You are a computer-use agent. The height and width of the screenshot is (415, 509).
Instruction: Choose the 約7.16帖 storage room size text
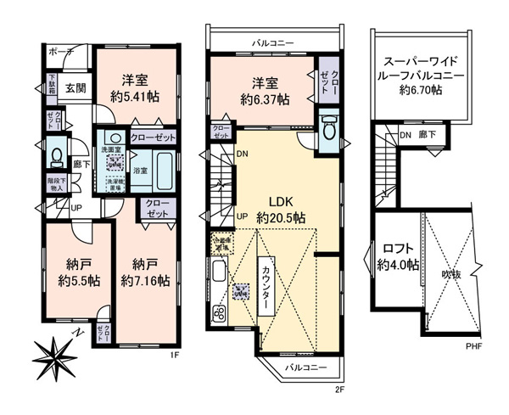pyautogui.click(x=144, y=279)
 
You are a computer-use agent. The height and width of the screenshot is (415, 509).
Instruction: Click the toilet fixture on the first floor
pyautogui.click(x=54, y=156)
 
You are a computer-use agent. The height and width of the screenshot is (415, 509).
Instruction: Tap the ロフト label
pyautogui.click(x=399, y=249)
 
